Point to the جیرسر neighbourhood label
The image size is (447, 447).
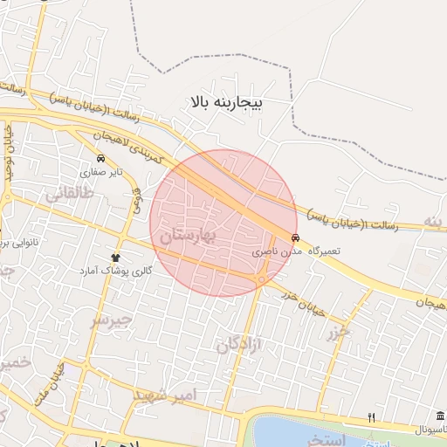click(110, 320)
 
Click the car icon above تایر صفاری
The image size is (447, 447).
click(102, 159)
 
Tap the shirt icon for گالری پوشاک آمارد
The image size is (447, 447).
click(115, 258)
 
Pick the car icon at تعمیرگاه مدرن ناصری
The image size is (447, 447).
click(295, 237)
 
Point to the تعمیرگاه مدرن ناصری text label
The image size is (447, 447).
click(296, 251)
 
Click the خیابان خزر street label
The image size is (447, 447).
click(302, 300)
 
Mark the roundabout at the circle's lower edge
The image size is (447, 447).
click(261, 279)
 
